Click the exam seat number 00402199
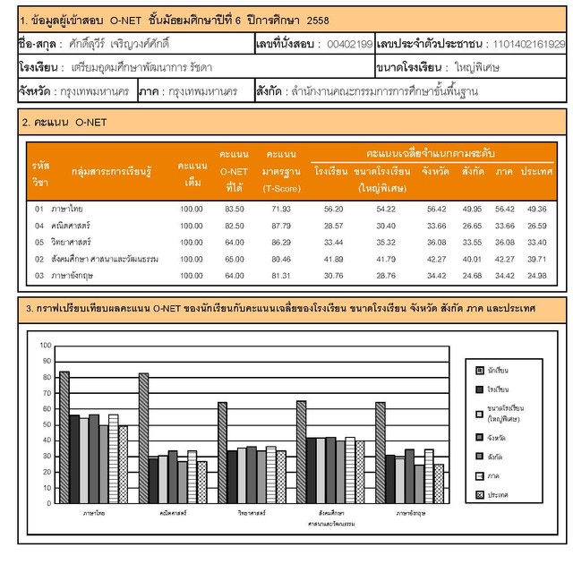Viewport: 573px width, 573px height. [x=350, y=43]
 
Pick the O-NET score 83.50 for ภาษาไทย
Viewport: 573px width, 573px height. [x=234, y=209]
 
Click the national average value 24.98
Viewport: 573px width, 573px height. [x=536, y=275]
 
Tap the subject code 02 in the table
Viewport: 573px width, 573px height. [x=39, y=259]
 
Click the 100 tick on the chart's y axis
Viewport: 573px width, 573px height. [x=46, y=346]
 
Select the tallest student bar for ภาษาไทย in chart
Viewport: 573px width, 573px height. [x=64, y=438]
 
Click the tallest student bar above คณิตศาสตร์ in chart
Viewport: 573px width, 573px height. [x=143, y=439]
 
